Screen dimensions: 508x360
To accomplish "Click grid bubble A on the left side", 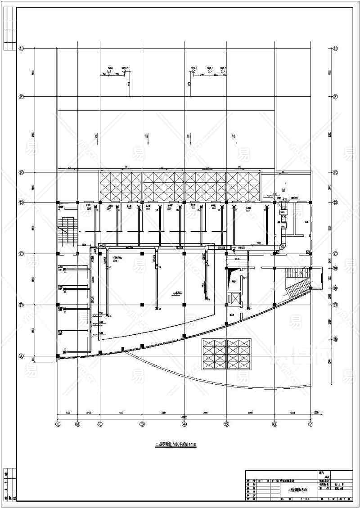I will pos(21,356).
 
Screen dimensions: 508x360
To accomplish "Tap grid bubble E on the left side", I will pos(21,172).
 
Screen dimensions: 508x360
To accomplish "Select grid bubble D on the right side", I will pos(335,203).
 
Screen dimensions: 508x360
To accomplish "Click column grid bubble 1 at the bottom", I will pos(58,423).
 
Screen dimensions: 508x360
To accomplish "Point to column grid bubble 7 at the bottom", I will pos(310,423).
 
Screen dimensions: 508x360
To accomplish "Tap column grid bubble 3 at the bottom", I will pos(142,423).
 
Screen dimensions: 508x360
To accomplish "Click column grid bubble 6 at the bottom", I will pos(274,423).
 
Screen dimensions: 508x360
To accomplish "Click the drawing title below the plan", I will pos(176,445).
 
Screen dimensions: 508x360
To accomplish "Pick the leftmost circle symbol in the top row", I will pos(109,72).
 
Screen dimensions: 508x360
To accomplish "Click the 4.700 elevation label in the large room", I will pos(177,293).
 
